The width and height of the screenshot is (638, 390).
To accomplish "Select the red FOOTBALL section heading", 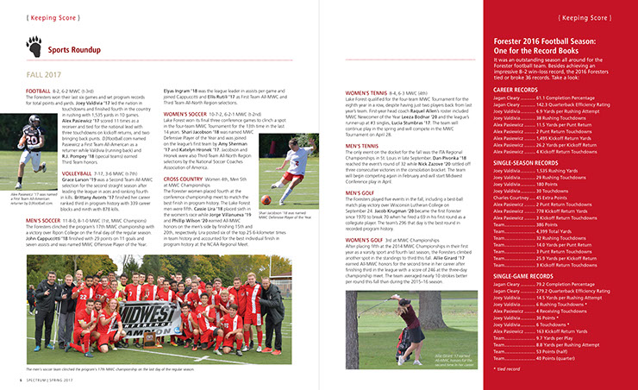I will click(38, 91).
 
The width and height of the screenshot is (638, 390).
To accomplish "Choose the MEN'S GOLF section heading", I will click(361, 192).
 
